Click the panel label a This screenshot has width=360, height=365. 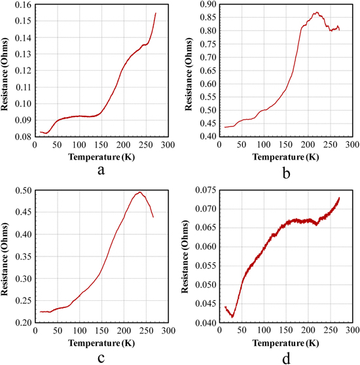tap(100, 170)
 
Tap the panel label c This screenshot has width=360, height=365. tap(100, 356)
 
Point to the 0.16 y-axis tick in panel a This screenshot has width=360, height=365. tap(22, 5)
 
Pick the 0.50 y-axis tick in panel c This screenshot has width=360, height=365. tap(22, 190)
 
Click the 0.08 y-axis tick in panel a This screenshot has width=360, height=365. tap(22, 137)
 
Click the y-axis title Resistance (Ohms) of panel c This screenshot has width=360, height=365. tap(6, 256)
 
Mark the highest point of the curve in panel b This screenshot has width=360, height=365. tap(317, 12)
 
